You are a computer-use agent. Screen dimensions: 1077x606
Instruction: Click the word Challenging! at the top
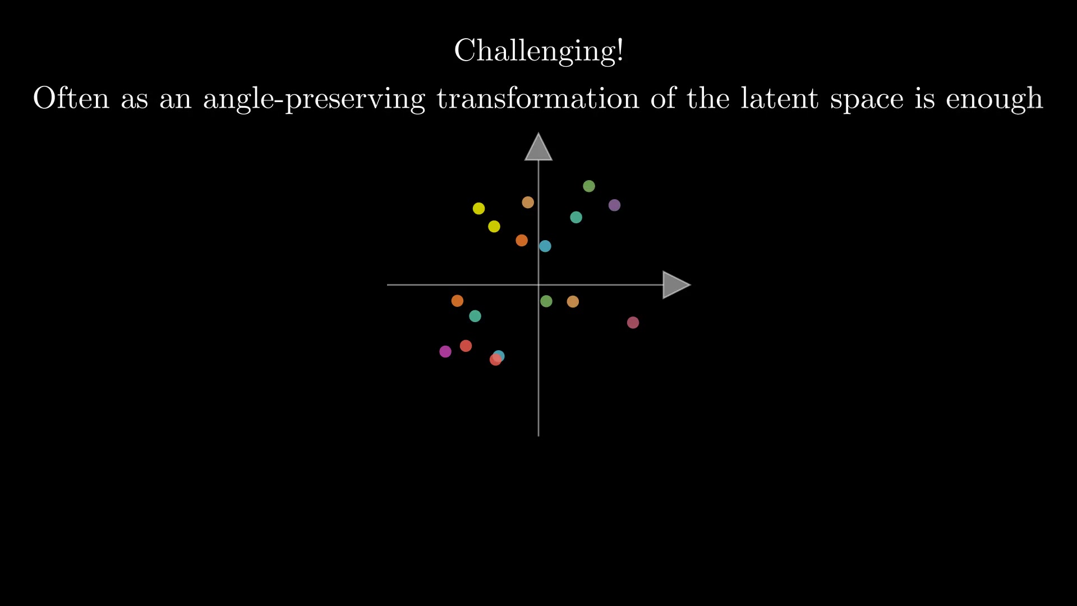point(538,51)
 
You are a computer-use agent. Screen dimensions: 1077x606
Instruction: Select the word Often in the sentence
point(71,98)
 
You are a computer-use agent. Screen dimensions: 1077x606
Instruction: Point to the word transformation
point(538,98)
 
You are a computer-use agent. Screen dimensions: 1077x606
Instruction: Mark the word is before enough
point(925,98)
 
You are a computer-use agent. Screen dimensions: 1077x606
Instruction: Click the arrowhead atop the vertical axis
point(538,147)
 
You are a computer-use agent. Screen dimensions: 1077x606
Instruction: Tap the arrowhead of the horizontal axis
point(676,285)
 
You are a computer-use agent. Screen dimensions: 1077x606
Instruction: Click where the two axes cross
point(538,285)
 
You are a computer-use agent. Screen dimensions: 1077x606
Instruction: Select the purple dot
point(614,205)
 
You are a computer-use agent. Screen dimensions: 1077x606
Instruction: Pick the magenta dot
point(445,352)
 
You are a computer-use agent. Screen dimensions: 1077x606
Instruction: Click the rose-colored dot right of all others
point(633,323)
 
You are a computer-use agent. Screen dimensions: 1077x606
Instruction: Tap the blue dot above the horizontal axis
point(545,246)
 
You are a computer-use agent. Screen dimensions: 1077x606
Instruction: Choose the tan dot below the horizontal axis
point(573,302)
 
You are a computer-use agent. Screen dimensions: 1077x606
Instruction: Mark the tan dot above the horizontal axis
point(528,203)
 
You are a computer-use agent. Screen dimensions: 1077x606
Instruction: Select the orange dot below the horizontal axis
point(457,301)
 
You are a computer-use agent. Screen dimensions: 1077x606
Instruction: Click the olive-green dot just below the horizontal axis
point(546,301)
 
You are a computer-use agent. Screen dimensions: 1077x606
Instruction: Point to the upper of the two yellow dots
point(478,209)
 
